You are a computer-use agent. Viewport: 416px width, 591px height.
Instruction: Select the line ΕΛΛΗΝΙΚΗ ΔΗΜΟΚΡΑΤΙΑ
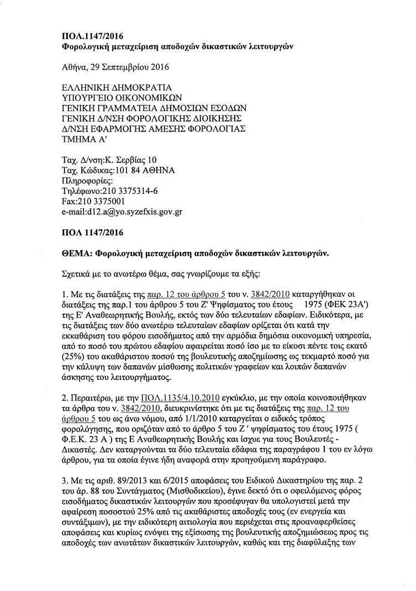[x=117, y=87]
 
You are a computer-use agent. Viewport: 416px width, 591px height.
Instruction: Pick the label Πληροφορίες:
[x=87, y=181]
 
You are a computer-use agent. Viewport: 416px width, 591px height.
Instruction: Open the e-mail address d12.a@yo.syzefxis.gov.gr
[x=136, y=212]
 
